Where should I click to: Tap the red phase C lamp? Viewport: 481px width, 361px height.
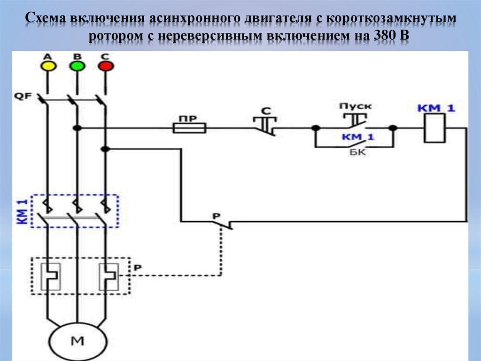[x=105, y=66]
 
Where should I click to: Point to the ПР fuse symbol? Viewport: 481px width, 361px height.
[x=189, y=128]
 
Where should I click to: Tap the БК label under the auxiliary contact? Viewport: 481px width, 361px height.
[x=356, y=153]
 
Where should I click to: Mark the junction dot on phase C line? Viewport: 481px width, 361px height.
[x=106, y=149]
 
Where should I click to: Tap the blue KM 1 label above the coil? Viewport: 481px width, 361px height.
[x=436, y=108]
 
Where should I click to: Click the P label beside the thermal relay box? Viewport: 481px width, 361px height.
[x=137, y=267]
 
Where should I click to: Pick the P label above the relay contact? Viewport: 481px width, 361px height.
[x=216, y=216]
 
